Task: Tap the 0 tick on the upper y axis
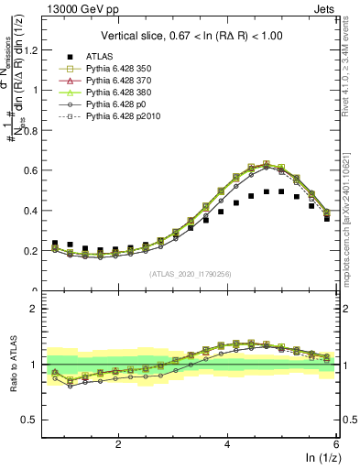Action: click(37, 290)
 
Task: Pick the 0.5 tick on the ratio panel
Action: click(32, 420)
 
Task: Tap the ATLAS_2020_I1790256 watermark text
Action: click(191, 275)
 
